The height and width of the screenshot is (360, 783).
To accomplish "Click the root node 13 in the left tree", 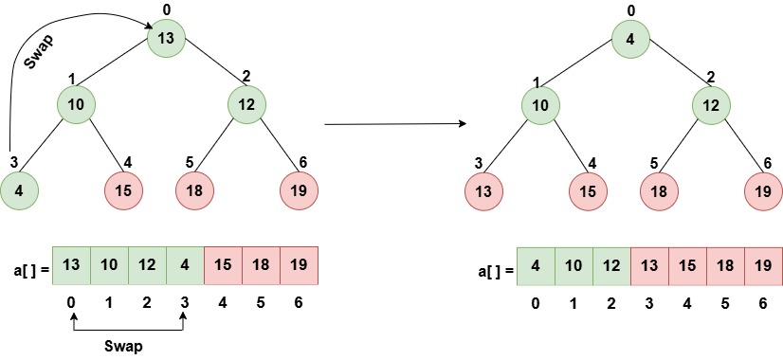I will click(166, 39).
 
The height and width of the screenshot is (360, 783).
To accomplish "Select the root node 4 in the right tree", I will click(630, 39).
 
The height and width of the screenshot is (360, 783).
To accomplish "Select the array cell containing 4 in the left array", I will click(185, 265).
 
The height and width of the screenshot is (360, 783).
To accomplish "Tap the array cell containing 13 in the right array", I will click(649, 265).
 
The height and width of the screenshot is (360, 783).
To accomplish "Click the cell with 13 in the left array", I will click(71, 265).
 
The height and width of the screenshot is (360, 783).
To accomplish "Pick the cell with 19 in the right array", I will click(763, 265).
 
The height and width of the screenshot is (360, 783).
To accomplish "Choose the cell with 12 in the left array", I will click(147, 265).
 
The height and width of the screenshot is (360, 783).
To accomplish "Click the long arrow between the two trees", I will click(394, 123).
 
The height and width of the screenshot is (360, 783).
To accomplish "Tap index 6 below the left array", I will click(299, 305).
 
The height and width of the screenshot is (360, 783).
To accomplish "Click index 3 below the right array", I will click(649, 305).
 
